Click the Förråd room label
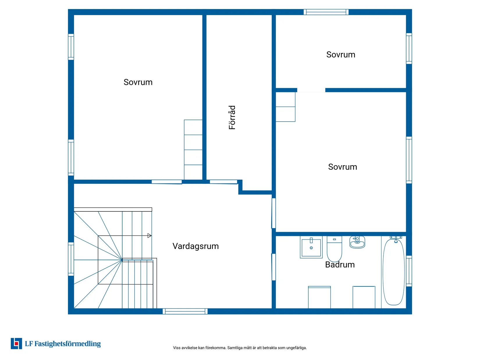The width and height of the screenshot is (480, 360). [232, 117]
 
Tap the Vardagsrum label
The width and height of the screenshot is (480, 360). [195, 246]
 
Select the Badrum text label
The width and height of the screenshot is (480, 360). [340, 265]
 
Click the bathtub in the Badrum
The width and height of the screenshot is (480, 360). [393, 272]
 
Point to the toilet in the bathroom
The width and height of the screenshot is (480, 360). [334, 249]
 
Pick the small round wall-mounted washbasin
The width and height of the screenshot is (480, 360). [357, 242]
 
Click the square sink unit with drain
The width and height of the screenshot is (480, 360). [311, 247]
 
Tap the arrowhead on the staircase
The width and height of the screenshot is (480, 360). [149, 236]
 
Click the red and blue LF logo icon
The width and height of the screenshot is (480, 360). [16, 343]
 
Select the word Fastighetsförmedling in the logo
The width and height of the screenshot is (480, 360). [67, 344]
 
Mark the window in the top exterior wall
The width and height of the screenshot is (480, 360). [326, 12]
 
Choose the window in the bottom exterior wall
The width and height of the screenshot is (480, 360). [185, 311]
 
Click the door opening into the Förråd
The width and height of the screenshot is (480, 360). [223, 182]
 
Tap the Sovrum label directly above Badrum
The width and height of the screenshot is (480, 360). [342, 167]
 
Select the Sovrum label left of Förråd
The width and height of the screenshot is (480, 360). [138, 82]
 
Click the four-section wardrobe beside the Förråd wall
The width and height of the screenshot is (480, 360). [193, 150]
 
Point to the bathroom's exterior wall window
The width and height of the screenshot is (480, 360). [409, 271]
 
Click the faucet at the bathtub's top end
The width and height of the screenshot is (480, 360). [396, 239]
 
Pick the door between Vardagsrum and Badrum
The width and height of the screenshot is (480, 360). [273, 267]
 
